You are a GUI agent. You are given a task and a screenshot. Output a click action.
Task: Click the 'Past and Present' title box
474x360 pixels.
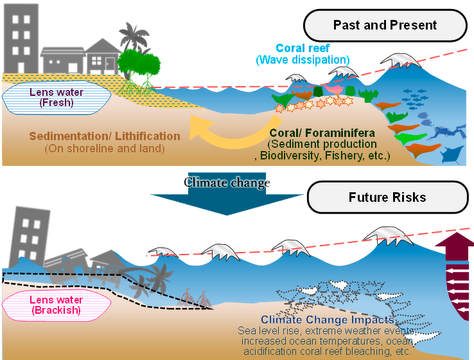click(x=385, y=26)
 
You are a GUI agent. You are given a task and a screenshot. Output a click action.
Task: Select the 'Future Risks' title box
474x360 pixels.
click(x=387, y=197)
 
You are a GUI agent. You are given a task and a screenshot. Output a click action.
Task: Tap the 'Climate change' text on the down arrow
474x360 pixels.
click(x=227, y=183)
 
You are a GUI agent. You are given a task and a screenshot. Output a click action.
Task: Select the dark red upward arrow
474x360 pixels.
click(x=456, y=276)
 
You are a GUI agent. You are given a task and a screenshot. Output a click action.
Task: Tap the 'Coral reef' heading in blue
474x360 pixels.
click(x=303, y=48)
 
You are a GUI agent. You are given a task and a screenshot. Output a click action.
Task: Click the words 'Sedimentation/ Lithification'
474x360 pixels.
click(x=105, y=136)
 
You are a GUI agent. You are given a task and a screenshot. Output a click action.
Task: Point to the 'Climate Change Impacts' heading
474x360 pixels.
click(x=328, y=320)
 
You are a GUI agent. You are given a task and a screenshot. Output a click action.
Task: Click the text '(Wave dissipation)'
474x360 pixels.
click(x=303, y=60)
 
